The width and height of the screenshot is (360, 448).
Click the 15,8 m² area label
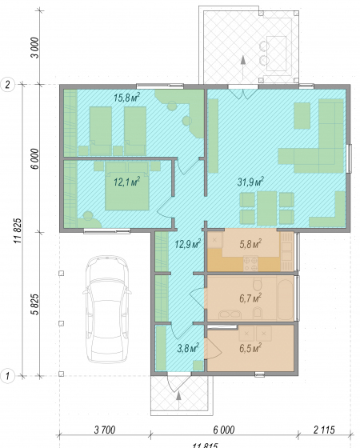(x=126, y=98)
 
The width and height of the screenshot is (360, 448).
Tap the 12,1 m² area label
(x=126, y=182)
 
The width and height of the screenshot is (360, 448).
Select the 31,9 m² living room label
(x=250, y=182)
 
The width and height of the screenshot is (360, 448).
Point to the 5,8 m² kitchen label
(x=250, y=244)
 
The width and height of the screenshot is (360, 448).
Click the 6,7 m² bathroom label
(x=250, y=298)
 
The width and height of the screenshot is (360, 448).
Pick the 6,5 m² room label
(x=250, y=348)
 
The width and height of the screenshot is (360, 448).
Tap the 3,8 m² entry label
(x=188, y=348)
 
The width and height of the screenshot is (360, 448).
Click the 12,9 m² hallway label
(x=188, y=244)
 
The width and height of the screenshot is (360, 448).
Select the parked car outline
(x=107, y=309)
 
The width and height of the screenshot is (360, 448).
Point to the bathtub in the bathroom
(x=285, y=298)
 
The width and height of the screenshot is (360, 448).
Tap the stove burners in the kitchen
(x=250, y=264)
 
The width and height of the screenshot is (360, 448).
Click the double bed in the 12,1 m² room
(x=127, y=186)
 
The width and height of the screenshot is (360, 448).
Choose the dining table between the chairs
(x=267, y=209)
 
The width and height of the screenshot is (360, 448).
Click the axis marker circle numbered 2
(x=8, y=85)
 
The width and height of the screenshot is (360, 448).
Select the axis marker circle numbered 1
(x=8, y=376)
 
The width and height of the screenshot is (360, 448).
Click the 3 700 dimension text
(x=105, y=430)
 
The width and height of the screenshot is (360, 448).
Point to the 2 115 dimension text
(x=324, y=430)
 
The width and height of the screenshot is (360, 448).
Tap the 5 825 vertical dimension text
(x=35, y=304)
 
